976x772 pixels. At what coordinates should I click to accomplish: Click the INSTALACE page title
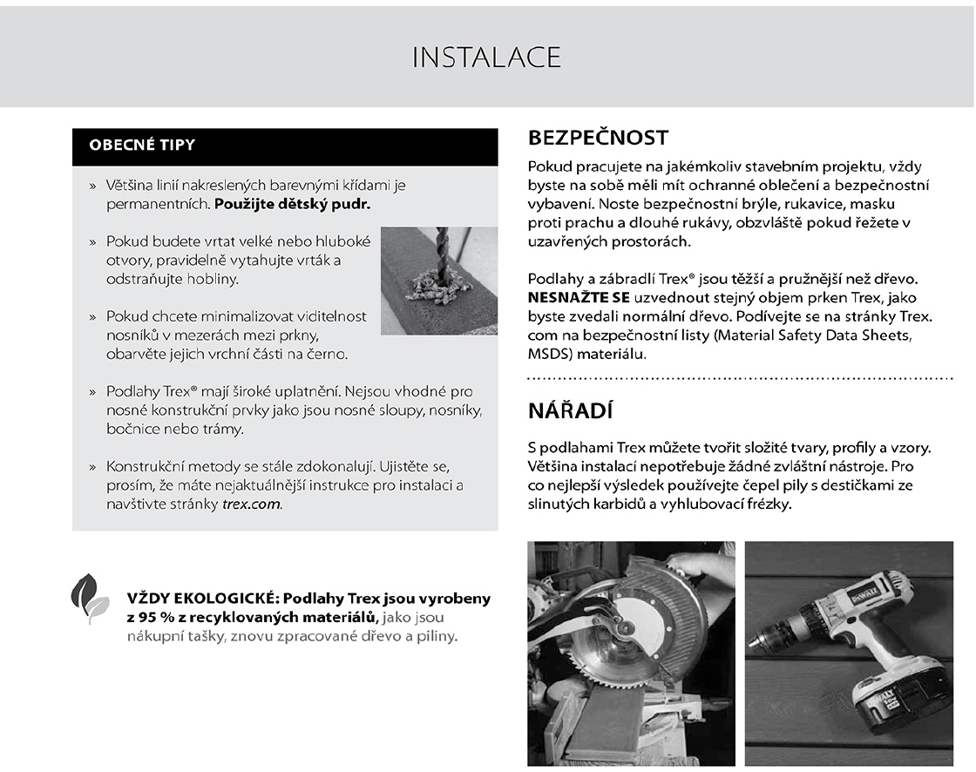pos(486,58)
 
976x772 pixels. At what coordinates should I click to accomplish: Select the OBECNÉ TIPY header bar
pos(285,146)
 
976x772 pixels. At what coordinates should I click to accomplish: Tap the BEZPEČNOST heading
pos(598,138)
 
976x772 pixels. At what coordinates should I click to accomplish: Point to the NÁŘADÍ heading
pos(571,411)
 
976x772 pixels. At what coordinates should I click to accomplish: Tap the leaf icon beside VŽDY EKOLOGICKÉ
pos(90,598)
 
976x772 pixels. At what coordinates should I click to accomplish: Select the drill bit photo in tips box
pos(438,281)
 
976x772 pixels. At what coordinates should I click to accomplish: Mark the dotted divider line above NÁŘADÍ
pos(741,379)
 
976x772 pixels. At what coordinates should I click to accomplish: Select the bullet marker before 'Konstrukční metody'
pos(92,468)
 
